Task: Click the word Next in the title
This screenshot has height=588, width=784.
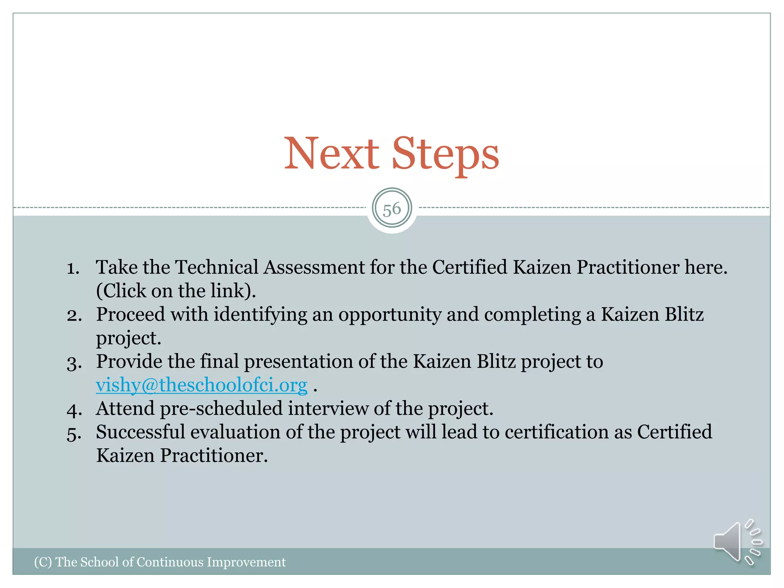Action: click(x=331, y=154)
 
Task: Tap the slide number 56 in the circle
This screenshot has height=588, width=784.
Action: click(x=392, y=209)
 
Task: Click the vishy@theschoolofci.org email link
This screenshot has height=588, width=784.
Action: click(x=201, y=385)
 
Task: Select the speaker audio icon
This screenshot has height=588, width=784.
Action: click(x=737, y=542)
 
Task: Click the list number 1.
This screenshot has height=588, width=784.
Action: click(x=73, y=268)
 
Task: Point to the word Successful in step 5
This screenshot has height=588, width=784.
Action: click(x=140, y=432)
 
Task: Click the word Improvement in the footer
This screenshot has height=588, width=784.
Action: click(x=246, y=562)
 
